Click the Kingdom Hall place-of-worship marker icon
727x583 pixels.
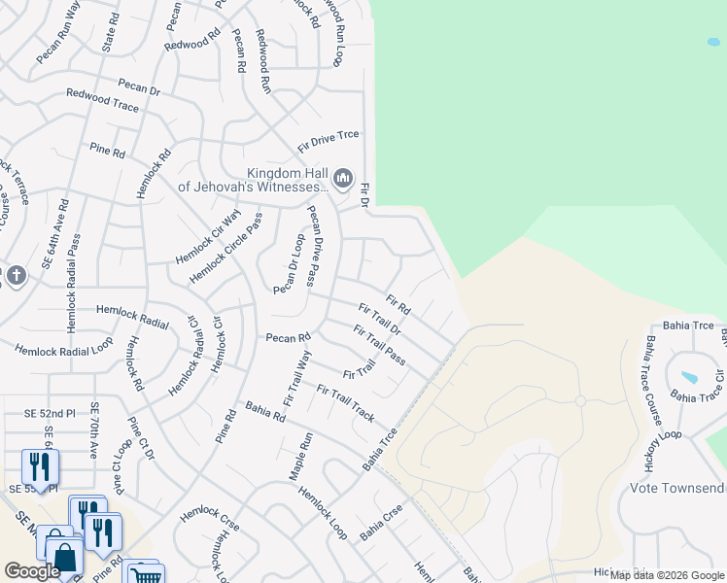342,178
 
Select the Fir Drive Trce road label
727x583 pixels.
329,138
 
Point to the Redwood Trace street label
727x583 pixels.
102,99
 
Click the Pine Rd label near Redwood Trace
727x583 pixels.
107,153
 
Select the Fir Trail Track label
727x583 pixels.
345,402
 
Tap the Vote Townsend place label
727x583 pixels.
677,487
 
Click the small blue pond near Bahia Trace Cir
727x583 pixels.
689,377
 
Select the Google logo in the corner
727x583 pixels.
32,571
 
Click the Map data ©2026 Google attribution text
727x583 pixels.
667,575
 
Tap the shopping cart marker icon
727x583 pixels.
145,574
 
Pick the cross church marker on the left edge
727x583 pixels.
15,277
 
